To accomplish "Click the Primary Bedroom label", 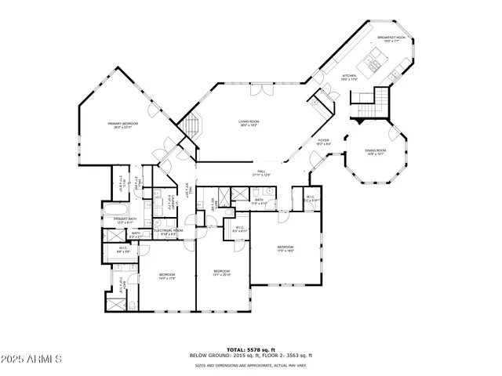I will [122, 125].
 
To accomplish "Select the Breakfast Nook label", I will [390, 38].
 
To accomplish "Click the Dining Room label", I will [376, 152].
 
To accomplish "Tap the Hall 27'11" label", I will [261, 174].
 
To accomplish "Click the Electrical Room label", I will [169, 231].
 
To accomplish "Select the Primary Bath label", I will [125, 220].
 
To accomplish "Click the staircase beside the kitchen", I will [369, 103].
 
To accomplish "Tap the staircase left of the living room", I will [191, 125].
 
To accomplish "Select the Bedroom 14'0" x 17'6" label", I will [166, 275].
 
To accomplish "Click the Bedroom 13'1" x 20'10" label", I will [222, 273].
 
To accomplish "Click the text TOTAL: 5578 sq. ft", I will [250, 349].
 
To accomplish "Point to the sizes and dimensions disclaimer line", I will [250, 364].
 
